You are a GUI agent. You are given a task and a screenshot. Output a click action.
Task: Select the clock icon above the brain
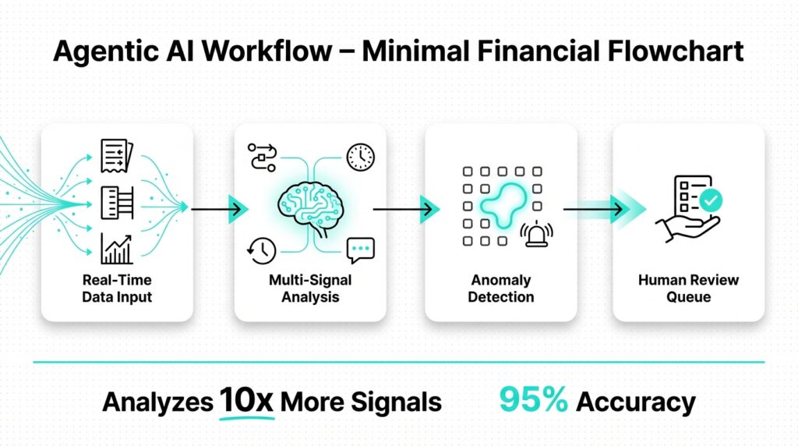pos(360,157)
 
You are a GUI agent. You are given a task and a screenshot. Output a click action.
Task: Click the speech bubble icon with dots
pos(360,250)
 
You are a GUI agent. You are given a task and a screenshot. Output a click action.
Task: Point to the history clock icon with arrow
pos(260,249)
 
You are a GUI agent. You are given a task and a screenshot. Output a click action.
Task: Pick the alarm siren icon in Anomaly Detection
pos(537,234)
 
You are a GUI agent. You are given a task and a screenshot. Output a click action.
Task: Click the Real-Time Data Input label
pos(117,288)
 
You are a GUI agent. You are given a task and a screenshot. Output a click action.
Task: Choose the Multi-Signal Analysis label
pos(310,288)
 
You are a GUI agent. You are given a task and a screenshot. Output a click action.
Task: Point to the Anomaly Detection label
pos(501,288)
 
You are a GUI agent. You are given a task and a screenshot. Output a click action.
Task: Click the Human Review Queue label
pos(689,288)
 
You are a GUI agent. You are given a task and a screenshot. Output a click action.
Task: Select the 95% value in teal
pos(533,400)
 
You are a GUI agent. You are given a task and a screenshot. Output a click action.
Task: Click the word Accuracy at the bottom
pos(636,402)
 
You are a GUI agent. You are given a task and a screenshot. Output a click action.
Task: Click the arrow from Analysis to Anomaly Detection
pos(404,209)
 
